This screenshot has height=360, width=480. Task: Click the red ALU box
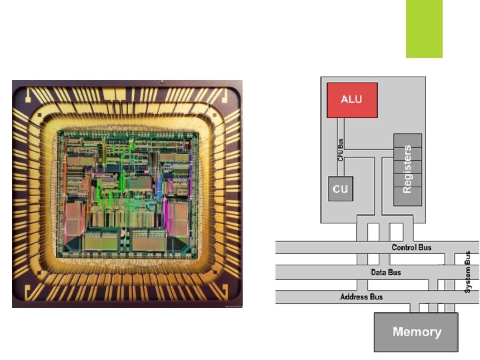[x=352, y=100]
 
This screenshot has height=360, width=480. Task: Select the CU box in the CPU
[x=341, y=189]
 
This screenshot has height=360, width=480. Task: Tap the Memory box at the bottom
[x=417, y=332]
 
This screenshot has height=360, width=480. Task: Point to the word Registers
[x=408, y=170]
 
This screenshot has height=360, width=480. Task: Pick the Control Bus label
[x=411, y=247]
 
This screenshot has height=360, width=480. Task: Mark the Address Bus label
[x=362, y=296]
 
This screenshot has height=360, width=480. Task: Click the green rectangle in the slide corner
[x=424, y=29]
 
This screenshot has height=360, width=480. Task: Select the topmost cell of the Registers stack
[x=408, y=141]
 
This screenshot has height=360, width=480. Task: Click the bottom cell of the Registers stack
[x=408, y=199]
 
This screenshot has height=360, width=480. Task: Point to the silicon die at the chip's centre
[x=127, y=193]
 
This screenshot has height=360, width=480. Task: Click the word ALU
[x=352, y=99]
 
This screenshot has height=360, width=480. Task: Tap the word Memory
[x=417, y=332]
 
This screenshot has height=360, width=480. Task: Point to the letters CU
[x=341, y=189]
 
